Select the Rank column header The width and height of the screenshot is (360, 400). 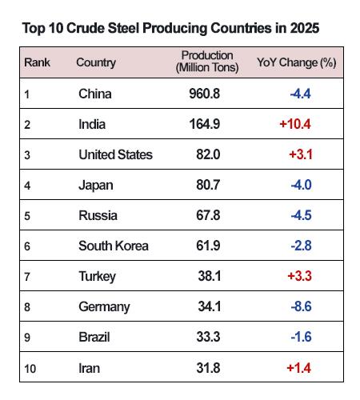[37, 62]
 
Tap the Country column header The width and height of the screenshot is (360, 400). [96, 62]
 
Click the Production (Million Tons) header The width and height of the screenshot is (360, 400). [206, 62]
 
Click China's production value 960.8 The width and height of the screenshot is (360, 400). [203, 94]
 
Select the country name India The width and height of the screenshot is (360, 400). [93, 125]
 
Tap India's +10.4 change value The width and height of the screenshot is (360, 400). [294, 125]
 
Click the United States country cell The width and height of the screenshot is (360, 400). [115, 155]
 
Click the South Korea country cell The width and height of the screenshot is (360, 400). [113, 246]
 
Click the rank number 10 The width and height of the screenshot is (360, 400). [30, 368]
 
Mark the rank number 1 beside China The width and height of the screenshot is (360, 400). [27, 94]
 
